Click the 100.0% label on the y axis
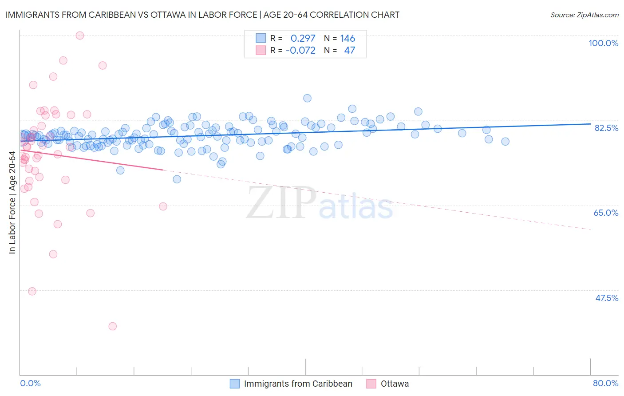pyautogui.click(x=603, y=43)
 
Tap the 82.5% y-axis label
pyautogui.click(x=606, y=128)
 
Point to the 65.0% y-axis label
pyautogui.click(x=606, y=213)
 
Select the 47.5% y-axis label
pyautogui.click(x=606, y=298)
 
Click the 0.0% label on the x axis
pyautogui.click(x=30, y=383)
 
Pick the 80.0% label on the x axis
pyautogui.click(x=605, y=383)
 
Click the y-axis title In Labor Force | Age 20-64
pyautogui.click(x=12, y=202)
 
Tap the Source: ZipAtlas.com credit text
pyautogui.click(x=584, y=15)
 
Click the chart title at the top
pyautogui.click(x=202, y=15)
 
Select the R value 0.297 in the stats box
pyautogui.click(x=303, y=39)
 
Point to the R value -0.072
pyautogui.click(x=300, y=51)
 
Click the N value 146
pyautogui.click(x=348, y=39)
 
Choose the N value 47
pyautogui.click(x=349, y=51)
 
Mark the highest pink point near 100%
pyautogui.click(x=80, y=36)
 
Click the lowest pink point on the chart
pyautogui.click(x=112, y=326)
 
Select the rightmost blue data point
pyautogui.click(x=505, y=142)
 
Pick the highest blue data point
pyautogui.click(x=307, y=98)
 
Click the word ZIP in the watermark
pyautogui.click(x=281, y=202)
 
